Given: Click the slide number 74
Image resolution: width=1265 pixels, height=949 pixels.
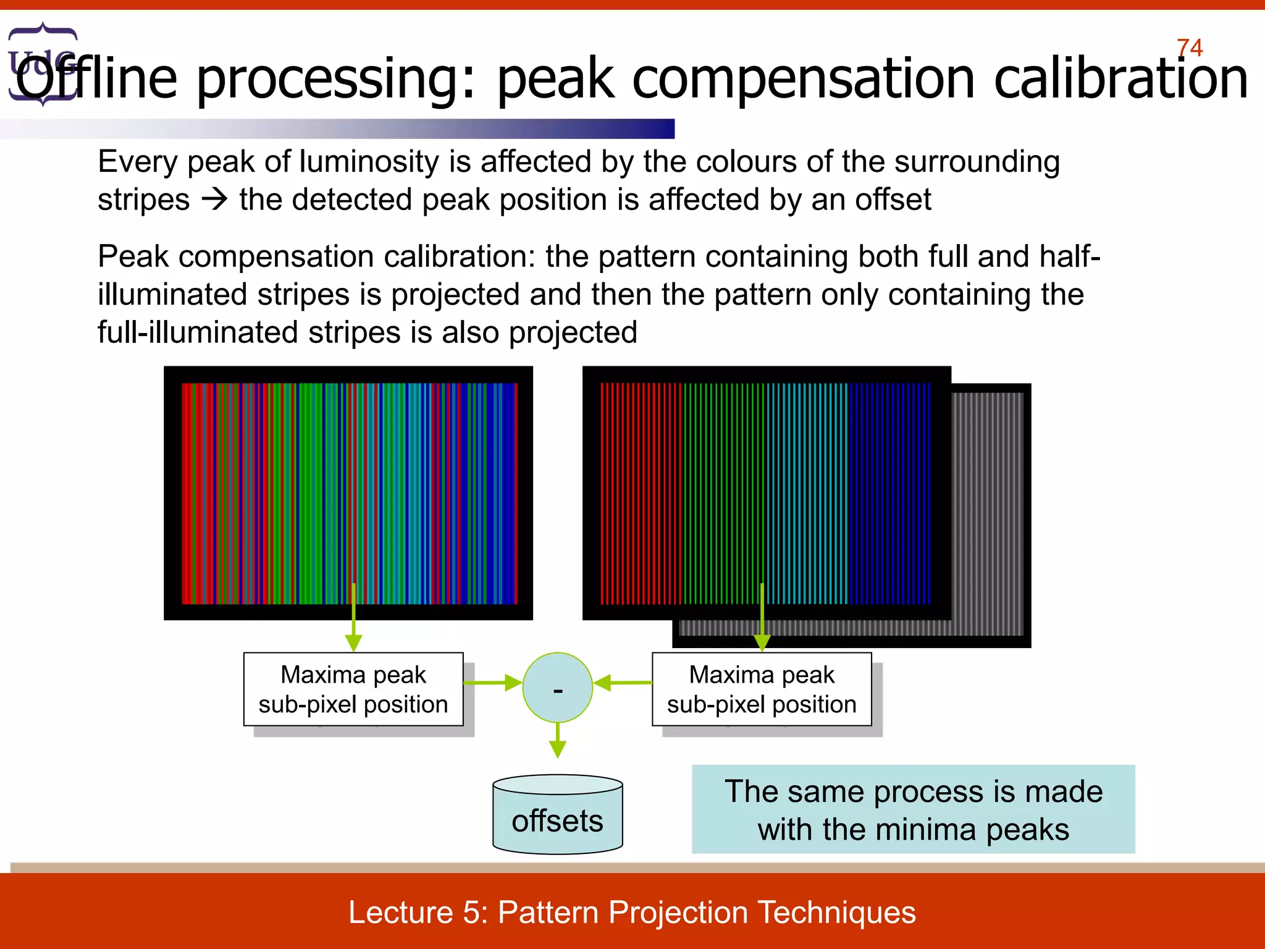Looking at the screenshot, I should [1189, 48].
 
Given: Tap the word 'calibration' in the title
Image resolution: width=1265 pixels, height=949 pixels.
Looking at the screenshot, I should [1120, 79].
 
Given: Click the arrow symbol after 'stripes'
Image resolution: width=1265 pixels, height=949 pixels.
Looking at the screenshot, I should [215, 200].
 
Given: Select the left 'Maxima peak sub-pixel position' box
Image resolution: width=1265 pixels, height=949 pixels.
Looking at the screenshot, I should [353, 689].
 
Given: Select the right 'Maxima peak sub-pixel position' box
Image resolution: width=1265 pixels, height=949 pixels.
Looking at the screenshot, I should [762, 689].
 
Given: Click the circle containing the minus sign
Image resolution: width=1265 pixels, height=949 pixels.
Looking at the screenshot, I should [557, 687].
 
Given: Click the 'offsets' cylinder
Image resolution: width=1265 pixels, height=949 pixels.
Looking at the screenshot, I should [557, 816].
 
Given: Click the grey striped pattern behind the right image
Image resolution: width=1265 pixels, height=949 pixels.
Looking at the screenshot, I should [988, 513].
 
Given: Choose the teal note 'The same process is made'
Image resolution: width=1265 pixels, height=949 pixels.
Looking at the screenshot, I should [913, 809].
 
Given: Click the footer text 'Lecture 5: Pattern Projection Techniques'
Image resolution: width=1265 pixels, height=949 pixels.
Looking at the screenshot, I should [632, 912].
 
